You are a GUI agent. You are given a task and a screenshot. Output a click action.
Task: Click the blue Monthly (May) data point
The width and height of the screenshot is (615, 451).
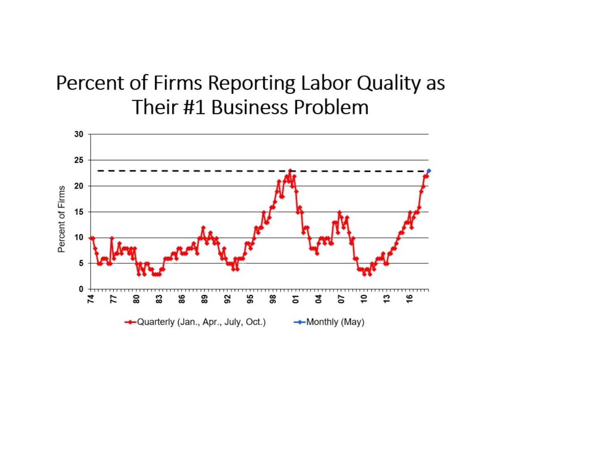tap(429, 171)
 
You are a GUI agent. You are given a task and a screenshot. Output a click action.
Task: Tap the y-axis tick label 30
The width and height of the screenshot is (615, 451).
tap(79, 134)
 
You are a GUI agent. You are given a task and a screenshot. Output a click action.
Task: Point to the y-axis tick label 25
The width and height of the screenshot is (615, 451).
tap(79, 160)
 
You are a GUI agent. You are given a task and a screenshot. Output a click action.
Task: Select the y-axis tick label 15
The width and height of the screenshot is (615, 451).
tap(79, 212)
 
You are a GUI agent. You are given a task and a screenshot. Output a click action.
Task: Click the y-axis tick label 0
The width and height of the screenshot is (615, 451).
tap(81, 289)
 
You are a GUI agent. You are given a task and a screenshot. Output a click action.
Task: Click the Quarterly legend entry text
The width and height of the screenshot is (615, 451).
tap(201, 322)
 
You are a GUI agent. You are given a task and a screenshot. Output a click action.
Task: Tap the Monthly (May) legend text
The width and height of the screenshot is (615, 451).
tap(335, 322)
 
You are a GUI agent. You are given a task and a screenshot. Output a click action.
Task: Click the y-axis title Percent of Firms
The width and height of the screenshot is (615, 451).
tap(61, 219)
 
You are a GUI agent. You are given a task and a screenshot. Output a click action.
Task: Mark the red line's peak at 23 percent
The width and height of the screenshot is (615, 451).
tap(290, 170)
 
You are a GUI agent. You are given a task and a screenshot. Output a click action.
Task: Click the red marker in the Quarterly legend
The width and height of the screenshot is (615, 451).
tap(130, 322)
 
